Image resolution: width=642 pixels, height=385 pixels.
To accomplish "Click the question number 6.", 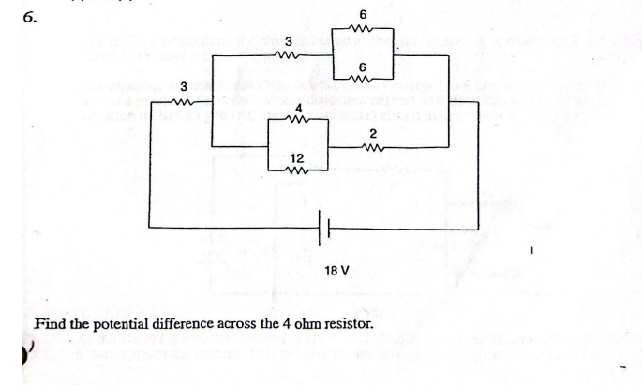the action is click(x=14, y=15).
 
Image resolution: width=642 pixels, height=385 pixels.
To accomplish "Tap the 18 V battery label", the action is click(x=336, y=271).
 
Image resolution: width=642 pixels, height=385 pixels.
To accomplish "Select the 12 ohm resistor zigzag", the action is click(x=298, y=170).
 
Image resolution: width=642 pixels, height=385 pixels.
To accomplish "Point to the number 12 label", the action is click(x=297, y=157).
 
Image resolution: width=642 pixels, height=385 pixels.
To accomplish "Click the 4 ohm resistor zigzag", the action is click(x=298, y=120).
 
